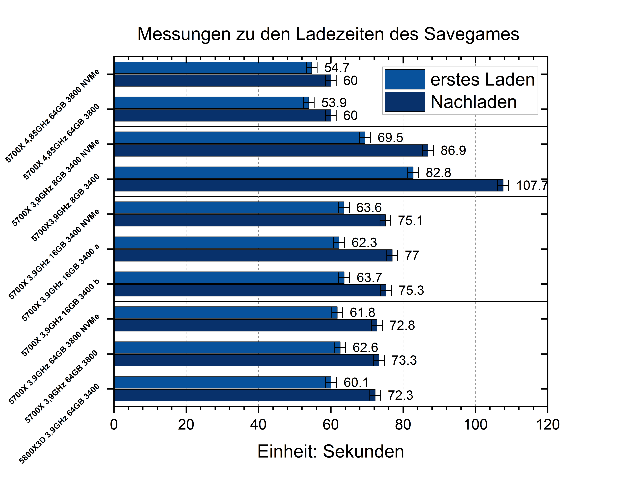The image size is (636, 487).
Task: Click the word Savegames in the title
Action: (x=471, y=34)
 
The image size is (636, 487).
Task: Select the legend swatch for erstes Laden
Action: (x=405, y=79)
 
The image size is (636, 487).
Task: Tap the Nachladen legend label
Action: (x=473, y=102)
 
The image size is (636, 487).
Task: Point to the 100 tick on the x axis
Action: (x=475, y=425)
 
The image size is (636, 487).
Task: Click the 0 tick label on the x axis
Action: (x=114, y=425)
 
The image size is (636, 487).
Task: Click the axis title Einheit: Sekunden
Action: (x=330, y=452)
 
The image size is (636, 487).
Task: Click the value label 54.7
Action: (x=337, y=68)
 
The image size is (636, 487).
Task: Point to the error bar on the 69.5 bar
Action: (x=365, y=138)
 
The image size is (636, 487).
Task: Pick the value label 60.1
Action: (x=356, y=383)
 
